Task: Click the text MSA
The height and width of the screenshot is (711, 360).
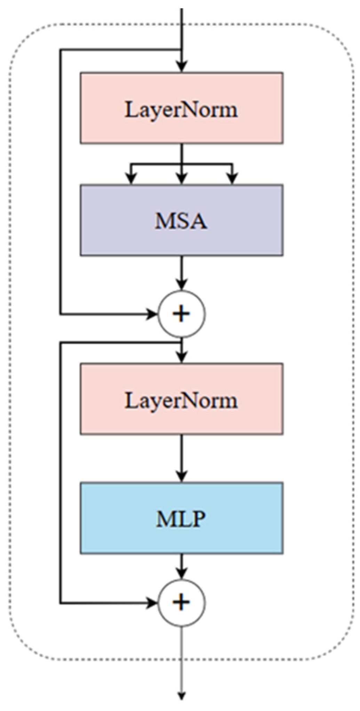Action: tap(181, 221)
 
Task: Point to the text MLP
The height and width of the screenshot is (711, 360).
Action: tap(181, 519)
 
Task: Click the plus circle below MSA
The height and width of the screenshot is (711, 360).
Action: tap(182, 314)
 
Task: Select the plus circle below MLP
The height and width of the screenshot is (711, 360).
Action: tap(182, 603)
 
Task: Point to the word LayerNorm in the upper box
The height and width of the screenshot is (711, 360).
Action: tap(181, 110)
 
